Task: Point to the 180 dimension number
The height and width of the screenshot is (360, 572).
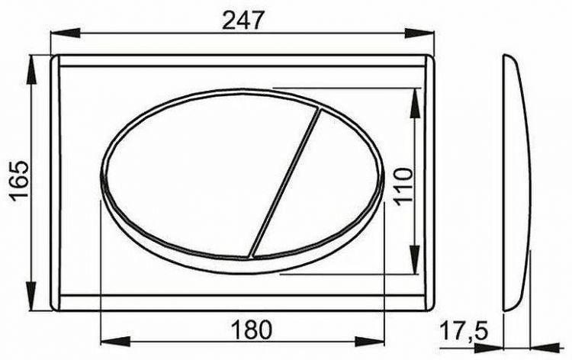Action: click(x=251, y=329)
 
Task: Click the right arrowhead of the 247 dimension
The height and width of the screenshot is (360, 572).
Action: click(x=424, y=33)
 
